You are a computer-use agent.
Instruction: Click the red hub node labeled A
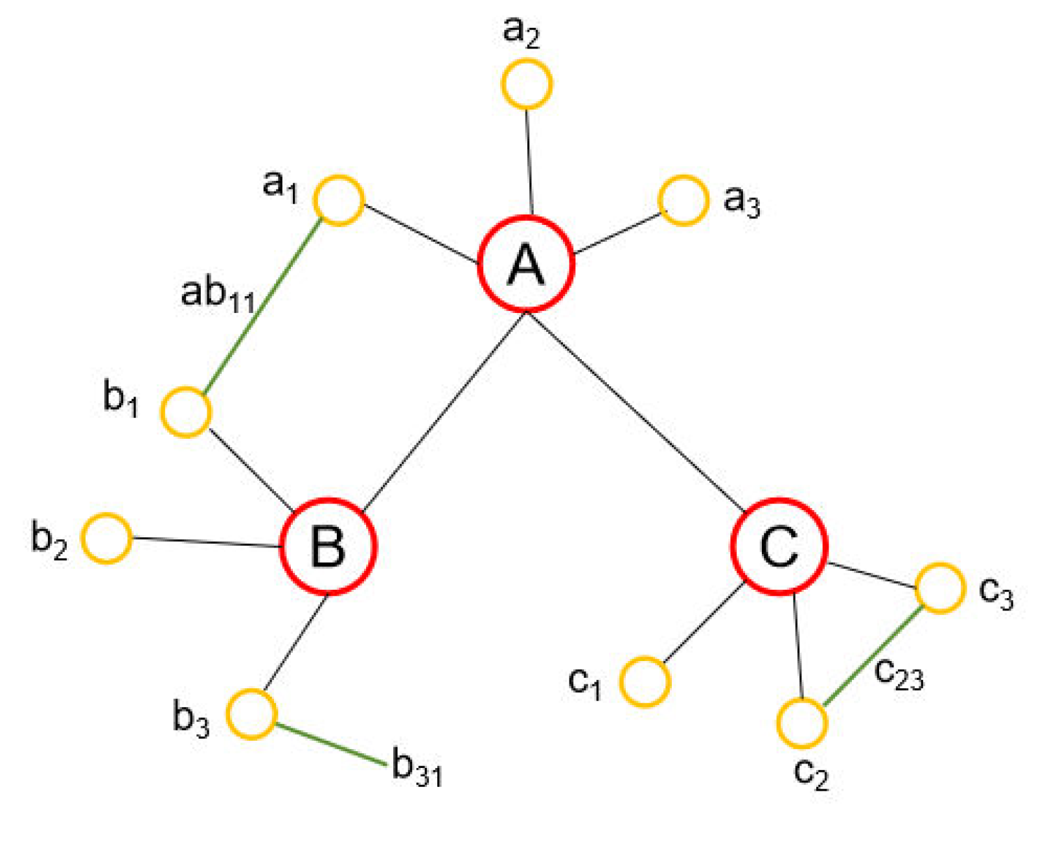click(526, 264)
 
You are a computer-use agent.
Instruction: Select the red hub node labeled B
click(328, 546)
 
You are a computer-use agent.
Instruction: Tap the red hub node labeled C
click(779, 546)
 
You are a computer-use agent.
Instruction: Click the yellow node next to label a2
click(527, 84)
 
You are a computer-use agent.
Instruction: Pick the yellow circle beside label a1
click(338, 200)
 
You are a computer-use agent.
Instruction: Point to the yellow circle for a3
click(683, 200)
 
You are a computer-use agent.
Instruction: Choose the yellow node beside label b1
click(186, 412)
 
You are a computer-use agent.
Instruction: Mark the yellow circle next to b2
click(106, 538)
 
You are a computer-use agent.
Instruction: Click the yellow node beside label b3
click(251, 714)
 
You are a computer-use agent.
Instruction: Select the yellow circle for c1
click(645, 681)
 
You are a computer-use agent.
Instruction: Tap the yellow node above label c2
click(802, 723)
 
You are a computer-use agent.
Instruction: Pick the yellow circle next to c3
click(940, 588)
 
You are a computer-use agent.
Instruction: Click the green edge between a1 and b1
click(262, 307)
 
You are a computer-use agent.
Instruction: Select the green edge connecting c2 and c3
click(872, 656)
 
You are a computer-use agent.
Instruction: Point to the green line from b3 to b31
click(330, 745)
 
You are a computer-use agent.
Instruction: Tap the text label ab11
click(218, 295)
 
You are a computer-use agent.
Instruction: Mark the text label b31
click(417, 768)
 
